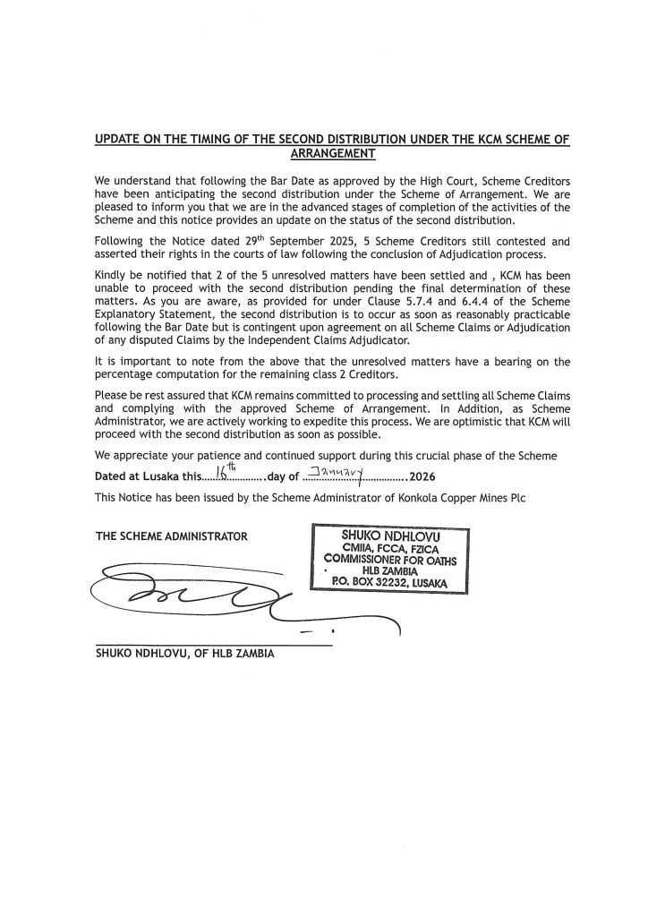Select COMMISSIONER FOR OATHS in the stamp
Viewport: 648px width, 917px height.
(x=387, y=559)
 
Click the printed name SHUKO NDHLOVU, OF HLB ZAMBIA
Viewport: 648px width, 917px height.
(x=185, y=653)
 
